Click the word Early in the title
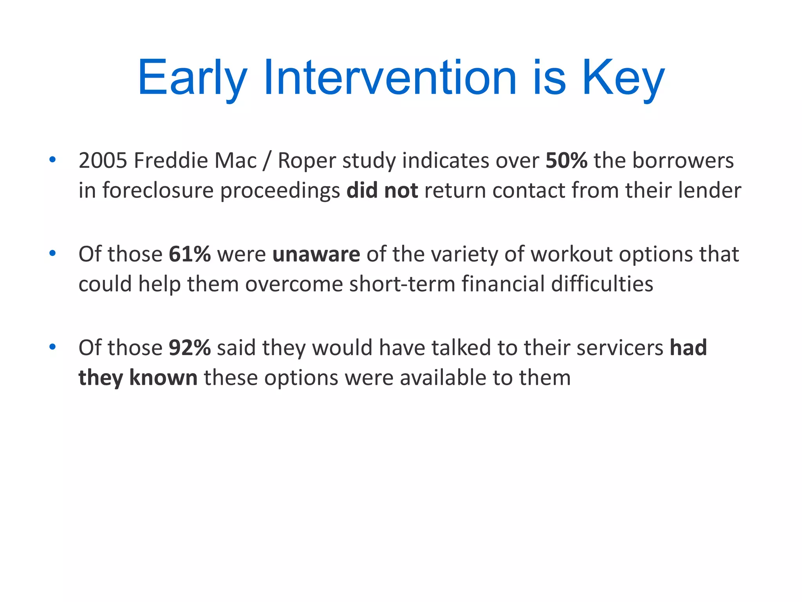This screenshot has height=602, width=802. pyautogui.click(x=192, y=78)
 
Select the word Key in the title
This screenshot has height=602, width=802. pyautogui.click(x=623, y=78)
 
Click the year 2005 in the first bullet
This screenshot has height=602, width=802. pyautogui.click(x=103, y=161)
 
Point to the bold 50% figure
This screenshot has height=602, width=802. pyautogui.click(x=566, y=161)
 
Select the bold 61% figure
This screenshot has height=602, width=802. pyautogui.click(x=190, y=254)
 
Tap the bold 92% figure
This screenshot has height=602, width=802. pyautogui.click(x=190, y=348)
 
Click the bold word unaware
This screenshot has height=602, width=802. pyautogui.click(x=316, y=254)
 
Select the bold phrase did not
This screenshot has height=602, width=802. pyautogui.click(x=382, y=191)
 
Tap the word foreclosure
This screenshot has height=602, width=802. pyautogui.click(x=158, y=191)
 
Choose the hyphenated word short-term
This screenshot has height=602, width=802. pyautogui.click(x=402, y=284)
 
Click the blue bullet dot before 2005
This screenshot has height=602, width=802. pyautogui.click(x=52, y=160)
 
